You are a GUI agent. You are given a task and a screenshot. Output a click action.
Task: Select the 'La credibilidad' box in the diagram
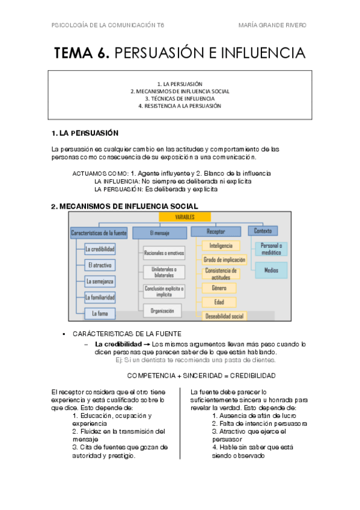pyautogui.click(x=100, y=248)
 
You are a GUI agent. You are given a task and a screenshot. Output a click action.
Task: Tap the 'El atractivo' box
pyautogui.click(x=100, y=265)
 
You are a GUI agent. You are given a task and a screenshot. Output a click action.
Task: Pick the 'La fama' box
pyautogui.click(x=100, y=313)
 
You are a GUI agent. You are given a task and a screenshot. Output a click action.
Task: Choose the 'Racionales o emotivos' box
pyautogui.click(x=163, y=253)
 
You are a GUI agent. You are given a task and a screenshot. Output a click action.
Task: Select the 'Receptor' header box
pyautogui.click(x=216, y=230)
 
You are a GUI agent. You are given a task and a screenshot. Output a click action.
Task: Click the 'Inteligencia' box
pyautogui.click(x=221, y=246)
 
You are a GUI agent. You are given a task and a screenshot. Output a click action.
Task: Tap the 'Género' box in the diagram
pyautogui.click(x=219, y=287)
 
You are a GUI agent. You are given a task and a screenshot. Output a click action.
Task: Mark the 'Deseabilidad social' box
pyautogui.click(x=224, y=316)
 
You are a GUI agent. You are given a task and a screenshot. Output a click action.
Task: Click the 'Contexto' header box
pyautogui.click(x=263, y=230)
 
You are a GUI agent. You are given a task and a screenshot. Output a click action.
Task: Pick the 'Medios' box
pyautogui.click(x=271, y=271)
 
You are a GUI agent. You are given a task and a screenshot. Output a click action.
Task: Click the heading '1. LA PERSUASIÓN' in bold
pyautogui.click(x=85, y=133)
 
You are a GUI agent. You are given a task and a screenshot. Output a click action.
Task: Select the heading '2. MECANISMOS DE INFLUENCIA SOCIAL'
pyautogui.click(x=124, y=206)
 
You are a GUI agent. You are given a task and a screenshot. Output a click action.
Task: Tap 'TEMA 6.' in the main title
pyautogui.click(x=82, y=54)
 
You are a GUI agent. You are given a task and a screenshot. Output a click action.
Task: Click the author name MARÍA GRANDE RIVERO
pyautogui.click(x=272, y=25)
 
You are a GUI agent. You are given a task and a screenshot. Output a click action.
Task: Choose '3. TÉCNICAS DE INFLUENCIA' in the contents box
pyautogui.click(x=180, y=99)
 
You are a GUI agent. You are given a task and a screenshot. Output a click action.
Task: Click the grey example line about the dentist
pyautogui.click(x=195, y=360)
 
